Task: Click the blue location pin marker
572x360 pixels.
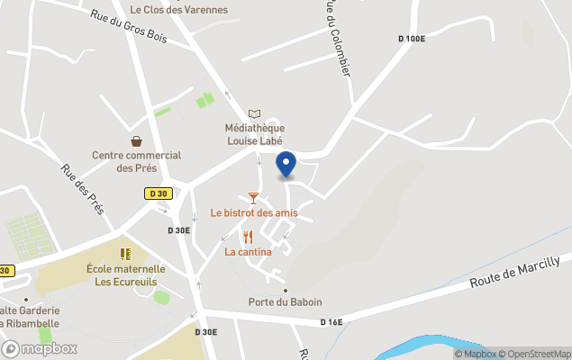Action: (x=286, y=165)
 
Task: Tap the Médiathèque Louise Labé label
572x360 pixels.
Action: (x=254, y=135)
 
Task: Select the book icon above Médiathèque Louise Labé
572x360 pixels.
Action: (x=254, y=114)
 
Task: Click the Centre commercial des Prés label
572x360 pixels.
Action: (x=136, y=161)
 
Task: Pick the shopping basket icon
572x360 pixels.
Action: (x=136, y=140)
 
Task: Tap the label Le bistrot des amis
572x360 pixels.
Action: (x=254, y=213)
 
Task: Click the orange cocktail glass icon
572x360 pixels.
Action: (x=253, y=197)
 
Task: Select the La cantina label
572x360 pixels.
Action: (x=248, y=252)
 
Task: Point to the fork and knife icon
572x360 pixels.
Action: (x=248, y=237)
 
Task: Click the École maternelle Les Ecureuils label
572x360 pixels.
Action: (x=126, y=274)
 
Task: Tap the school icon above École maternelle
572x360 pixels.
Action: (x=125, y=254)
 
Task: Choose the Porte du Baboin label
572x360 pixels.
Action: (x=286, y=302)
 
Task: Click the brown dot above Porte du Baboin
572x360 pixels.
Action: (x=286, y=290)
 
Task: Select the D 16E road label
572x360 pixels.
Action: (x=332, y=322)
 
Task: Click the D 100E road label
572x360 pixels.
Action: (x=411, y=39)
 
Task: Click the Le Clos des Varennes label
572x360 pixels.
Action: (x=179, y=10)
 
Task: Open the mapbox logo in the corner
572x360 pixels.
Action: (x=40, y=348)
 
